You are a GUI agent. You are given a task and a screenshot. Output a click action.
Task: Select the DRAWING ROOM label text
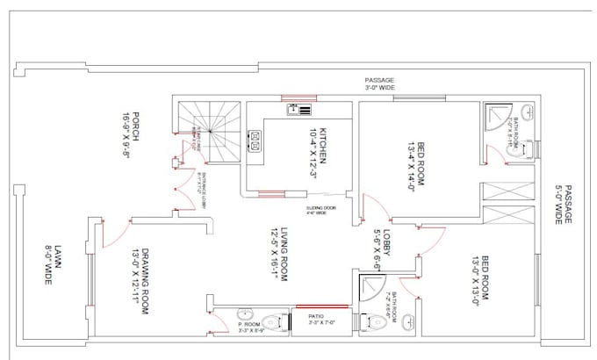(140, 273)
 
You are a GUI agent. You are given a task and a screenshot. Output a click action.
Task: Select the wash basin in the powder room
(246, 317)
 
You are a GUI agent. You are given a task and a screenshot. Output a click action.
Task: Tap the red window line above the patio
(320, 306)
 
